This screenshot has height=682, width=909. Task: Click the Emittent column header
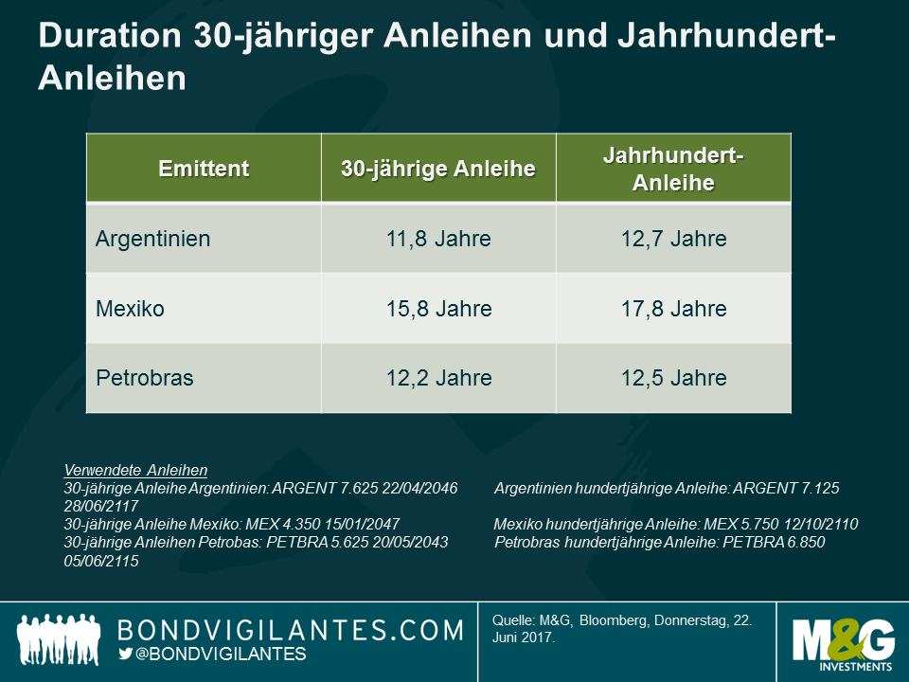(204, 169)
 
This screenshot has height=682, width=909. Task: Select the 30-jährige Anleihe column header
(438, 169)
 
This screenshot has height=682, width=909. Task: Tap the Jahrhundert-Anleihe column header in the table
(673, 169)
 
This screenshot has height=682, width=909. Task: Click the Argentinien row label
(153, 239)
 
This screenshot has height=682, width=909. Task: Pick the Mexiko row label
(130, 309)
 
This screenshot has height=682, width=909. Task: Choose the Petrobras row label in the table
(145, 378)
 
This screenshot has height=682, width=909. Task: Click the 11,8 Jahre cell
(438, 239)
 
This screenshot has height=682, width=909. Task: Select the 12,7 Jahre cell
(673, 239)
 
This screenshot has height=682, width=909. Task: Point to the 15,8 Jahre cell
(438, 309)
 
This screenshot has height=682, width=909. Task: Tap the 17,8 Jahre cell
(673, 309)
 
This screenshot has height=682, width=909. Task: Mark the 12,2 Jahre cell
(438, 378)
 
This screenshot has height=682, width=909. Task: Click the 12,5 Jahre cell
(673, 378)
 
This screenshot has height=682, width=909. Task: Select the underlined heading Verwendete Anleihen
(135, 470)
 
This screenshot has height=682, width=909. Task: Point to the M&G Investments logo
(844, 642)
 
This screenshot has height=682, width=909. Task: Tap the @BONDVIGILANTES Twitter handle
(222, 655)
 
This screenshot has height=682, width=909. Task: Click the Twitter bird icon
(126, 655)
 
